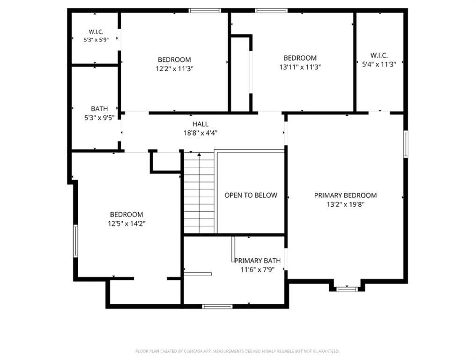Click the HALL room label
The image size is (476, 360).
[201, 124]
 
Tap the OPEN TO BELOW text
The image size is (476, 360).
[251, 195]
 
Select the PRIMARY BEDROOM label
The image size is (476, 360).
[345, 195]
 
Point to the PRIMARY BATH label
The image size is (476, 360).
[257, 261]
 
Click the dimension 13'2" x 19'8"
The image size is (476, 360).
[345, 204]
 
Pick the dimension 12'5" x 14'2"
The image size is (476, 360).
[126, 224]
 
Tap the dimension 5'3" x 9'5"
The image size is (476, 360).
[99, 118]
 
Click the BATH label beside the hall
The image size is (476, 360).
[99, 109]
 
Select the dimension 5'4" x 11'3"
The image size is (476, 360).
[379, 64]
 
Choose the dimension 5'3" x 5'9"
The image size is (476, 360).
[96, 39]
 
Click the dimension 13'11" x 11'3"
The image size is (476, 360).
[300, 67]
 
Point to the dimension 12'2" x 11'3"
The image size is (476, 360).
[175, 68]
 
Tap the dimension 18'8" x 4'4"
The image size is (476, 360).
[201, 133]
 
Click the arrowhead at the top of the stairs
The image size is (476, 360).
[199, 155]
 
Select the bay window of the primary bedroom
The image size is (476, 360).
[347, 289]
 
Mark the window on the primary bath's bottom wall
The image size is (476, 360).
[217, 306]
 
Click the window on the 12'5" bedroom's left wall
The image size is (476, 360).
[75, 241]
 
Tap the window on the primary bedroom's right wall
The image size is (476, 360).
[406, 144]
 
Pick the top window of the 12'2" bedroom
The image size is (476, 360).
[205, 11]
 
